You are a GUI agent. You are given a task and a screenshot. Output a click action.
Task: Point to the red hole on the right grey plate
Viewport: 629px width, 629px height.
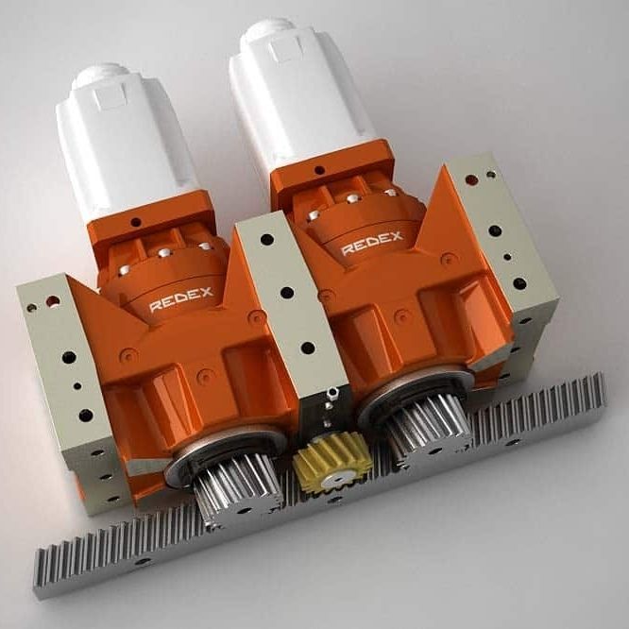[x=469, y=177]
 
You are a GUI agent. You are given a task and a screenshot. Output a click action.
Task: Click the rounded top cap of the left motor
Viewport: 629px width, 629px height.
[x=99, y=76]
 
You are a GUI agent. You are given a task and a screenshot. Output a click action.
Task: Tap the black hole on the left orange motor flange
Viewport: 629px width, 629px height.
[x=136, y=223]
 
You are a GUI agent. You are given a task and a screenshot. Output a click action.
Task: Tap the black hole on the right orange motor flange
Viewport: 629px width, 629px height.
[x=319, y=171]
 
